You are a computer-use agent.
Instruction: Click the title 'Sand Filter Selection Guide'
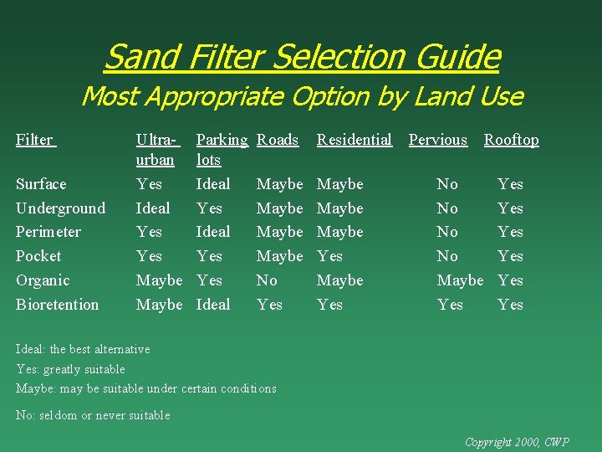[302, 57]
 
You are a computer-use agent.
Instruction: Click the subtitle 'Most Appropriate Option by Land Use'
[302, 96]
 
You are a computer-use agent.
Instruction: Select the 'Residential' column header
[354, 140]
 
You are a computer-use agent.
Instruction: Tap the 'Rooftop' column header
[511, 140]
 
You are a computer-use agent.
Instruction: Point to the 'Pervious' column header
[437, 140]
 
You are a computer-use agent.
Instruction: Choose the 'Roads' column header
[278, 140]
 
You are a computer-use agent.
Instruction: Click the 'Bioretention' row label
[57, 305]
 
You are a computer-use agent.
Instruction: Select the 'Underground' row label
[60, 208]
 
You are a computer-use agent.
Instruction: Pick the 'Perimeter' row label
[48, 232]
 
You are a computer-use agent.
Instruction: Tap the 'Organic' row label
[43, 280]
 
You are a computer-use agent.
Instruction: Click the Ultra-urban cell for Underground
[153, 208]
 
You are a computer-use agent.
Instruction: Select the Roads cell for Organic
[267, 280]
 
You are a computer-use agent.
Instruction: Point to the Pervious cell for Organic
[460, 280]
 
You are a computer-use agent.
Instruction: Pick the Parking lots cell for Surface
[212, 183]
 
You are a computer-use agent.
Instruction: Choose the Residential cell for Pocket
[329, 256]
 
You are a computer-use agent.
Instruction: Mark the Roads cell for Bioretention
[269, 305]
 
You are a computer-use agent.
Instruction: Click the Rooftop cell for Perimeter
[510, 232]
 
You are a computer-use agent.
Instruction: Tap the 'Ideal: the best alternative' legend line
[83, 349]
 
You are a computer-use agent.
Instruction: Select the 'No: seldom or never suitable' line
[93, 415]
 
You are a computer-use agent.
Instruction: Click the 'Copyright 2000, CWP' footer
[517, 441]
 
